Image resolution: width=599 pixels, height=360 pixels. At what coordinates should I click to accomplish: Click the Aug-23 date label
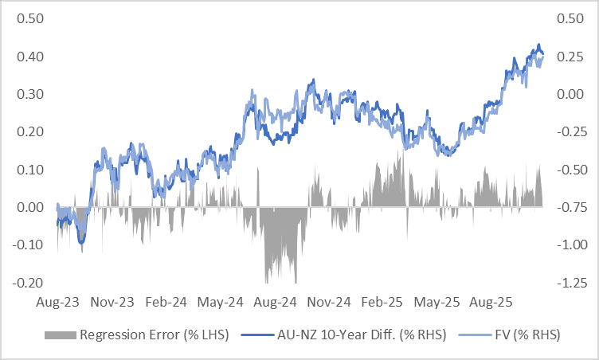click(58, 303)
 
